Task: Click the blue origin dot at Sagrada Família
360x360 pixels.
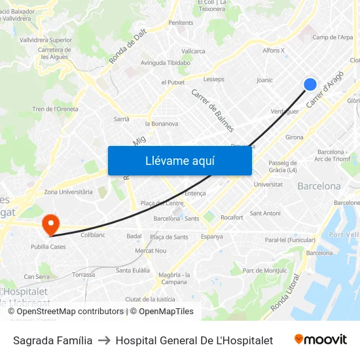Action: tap(310, 84)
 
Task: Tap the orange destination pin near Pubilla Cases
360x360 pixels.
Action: tap(50, 225)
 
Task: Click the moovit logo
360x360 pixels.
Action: tap(321, 340)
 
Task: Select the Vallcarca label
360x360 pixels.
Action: tap(193, 50)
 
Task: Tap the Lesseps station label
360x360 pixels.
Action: tap(213, 79)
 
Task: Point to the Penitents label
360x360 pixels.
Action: tap(181, 23)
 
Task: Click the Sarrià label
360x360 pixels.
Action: tap(122, 119)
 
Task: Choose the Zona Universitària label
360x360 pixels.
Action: tap(68, 192)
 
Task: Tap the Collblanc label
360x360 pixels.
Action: tap(92, 234)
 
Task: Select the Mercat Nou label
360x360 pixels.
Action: tap(151, 251)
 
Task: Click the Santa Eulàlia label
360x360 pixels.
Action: tap(133, 270)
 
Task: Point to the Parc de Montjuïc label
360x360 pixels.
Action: tap(264, 270)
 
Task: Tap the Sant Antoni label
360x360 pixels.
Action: tap(265, 213)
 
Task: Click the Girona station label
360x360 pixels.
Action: tap(294, 137)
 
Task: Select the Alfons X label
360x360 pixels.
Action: tap(273, 50)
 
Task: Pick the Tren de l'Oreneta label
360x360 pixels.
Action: tap(55, 109)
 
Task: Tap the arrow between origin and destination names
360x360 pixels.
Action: tap(103, 340)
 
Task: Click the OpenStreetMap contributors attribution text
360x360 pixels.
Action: tap(65, 312)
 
